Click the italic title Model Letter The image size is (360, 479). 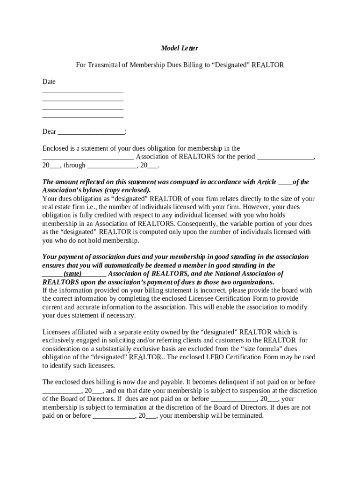point(180,48)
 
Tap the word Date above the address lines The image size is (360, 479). point(49,82)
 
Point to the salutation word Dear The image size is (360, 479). point(50,132)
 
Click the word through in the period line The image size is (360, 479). point(74,165)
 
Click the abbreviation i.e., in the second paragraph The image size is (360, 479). point(88,207)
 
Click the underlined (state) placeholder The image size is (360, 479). point(72,274)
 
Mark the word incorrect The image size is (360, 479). point(203,290)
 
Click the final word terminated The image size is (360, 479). point(248,415)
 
